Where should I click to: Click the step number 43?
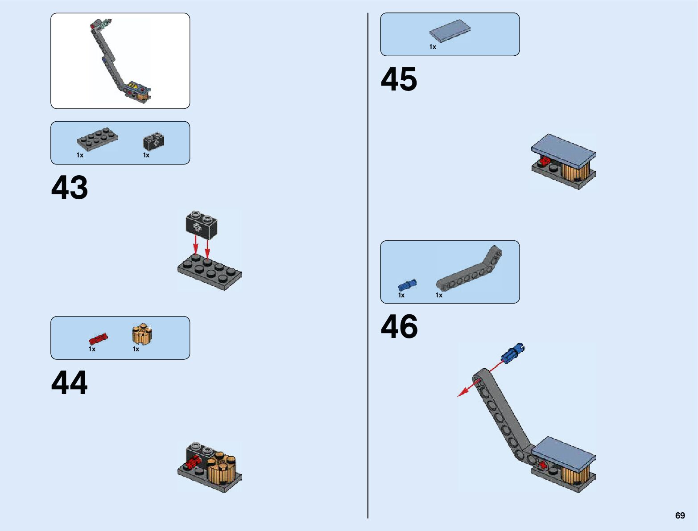click(x=70, y=188)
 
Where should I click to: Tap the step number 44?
click(x=70, y=383)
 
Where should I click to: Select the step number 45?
click(x=399, y=80)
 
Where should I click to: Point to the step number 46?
click(x=399, y=327)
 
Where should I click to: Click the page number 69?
click(x=680, y=516)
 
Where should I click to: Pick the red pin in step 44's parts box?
click(x=98, y=338)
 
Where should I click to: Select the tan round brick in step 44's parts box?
click(x=142, y=334)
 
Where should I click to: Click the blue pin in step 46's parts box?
click(x=407, y=284)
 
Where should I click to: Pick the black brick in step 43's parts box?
click(x=153, y=141)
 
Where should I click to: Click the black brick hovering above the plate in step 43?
click(x=202, y=224)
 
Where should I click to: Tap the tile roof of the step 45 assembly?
click(x=563, y=150)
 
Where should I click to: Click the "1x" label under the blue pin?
click(x=401, y=295)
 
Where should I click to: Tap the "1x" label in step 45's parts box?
click(x=433, y=47)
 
